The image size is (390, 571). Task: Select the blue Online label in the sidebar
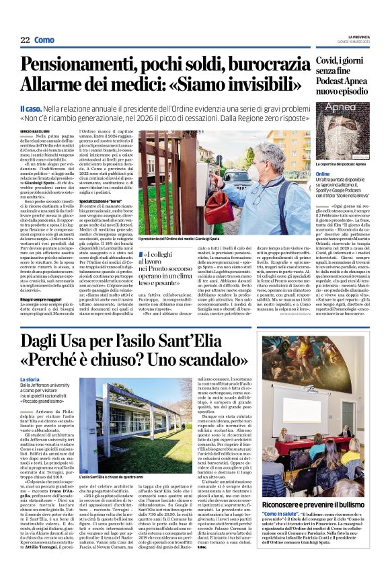323,174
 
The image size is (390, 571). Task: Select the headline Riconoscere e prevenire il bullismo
319,502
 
